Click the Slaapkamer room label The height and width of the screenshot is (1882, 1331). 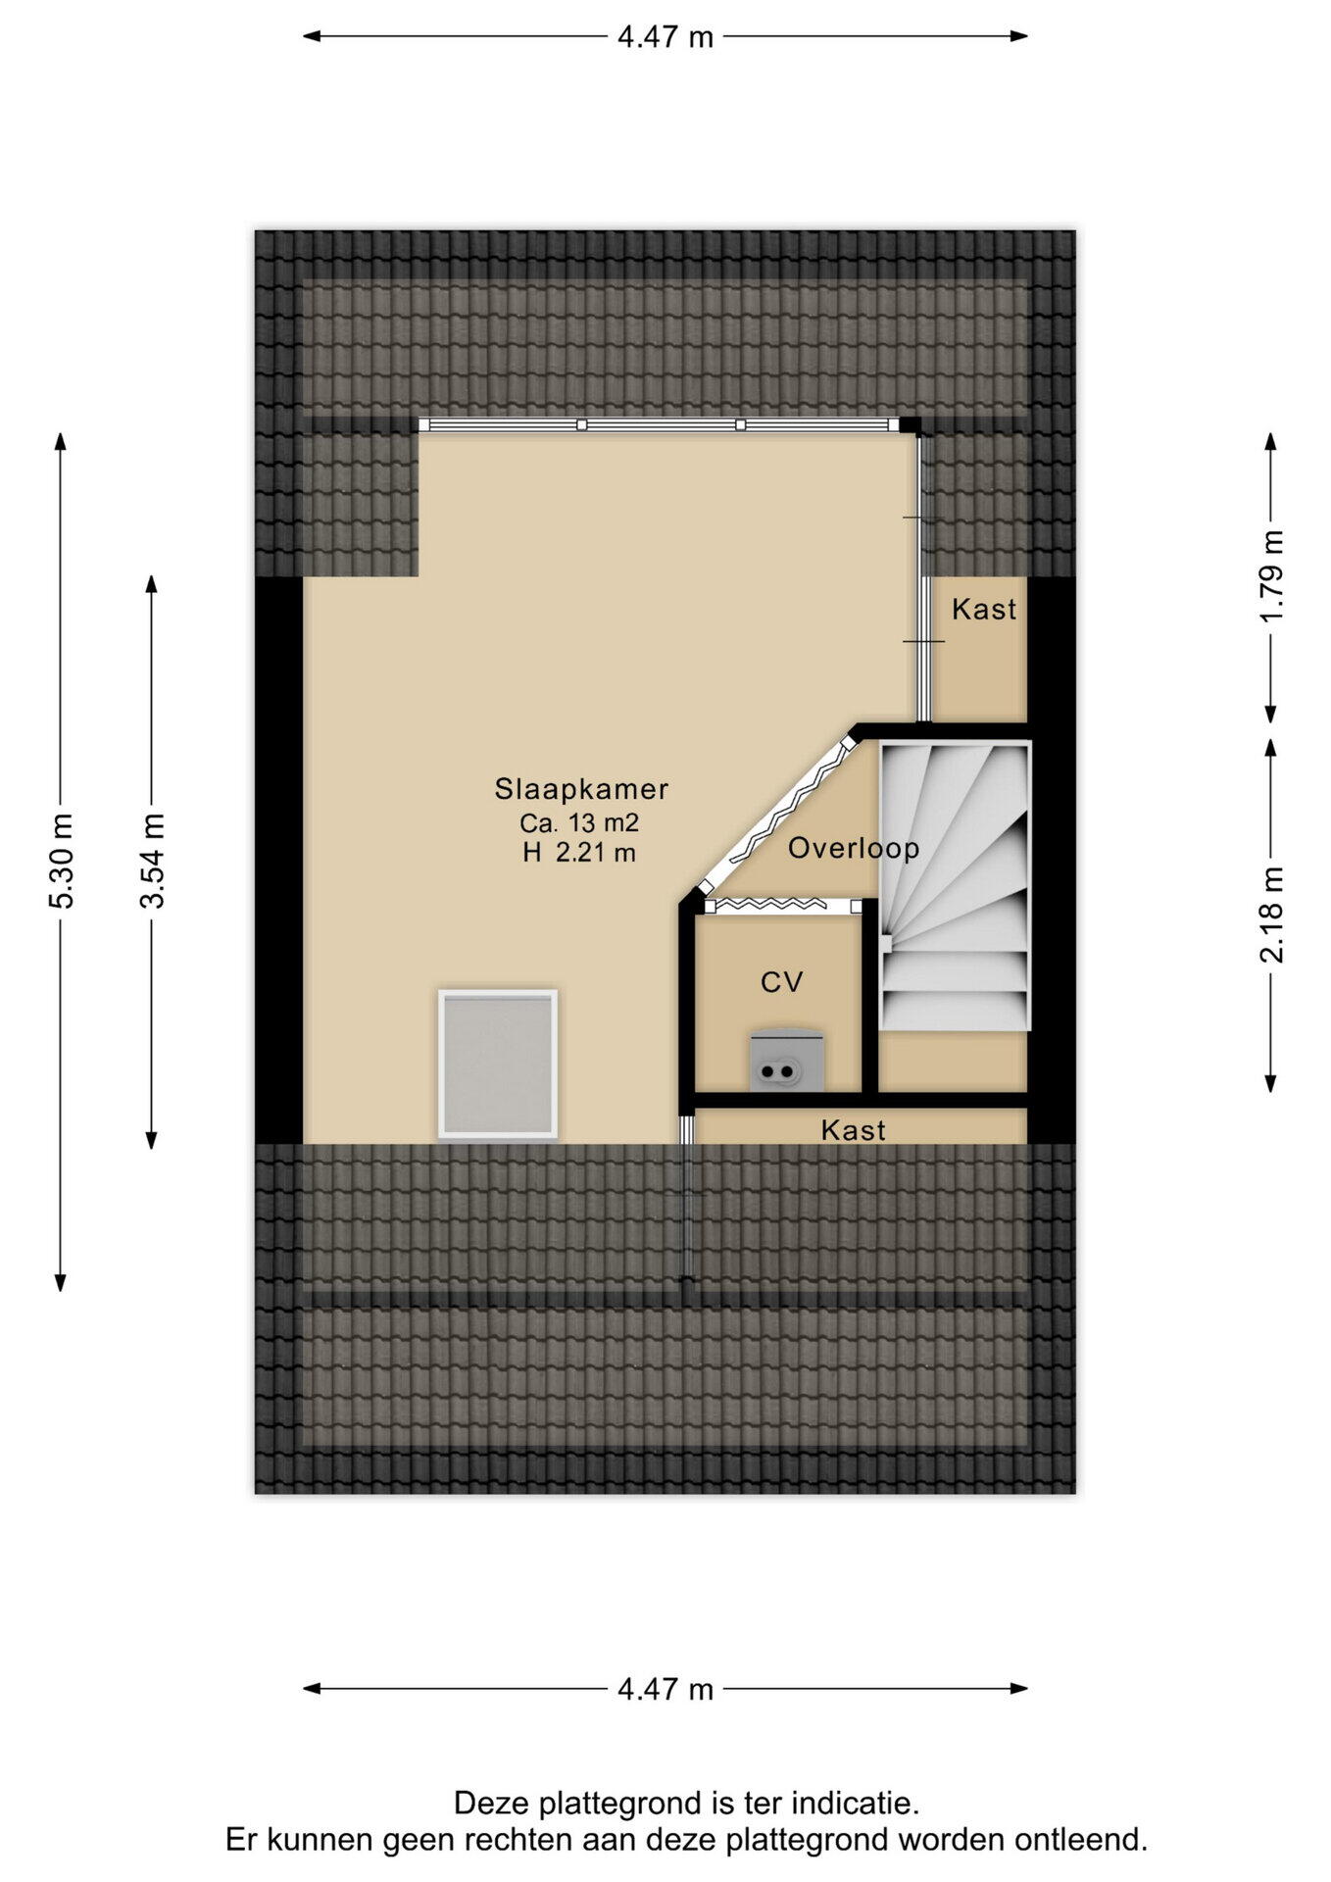581,789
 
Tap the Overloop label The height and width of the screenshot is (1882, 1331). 854,849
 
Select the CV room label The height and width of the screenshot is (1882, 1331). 782,982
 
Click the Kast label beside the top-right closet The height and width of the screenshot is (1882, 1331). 984,610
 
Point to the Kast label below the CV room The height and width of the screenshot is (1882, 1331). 854,1130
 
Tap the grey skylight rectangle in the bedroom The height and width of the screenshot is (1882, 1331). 498,1065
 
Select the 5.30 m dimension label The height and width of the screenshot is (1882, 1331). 62,862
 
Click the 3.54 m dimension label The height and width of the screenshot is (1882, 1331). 152,862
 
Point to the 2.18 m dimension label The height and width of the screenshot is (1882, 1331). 1271,915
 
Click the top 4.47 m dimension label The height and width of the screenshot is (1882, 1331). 665,37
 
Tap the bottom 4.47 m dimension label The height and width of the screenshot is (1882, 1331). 665,1689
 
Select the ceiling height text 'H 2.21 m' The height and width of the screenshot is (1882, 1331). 579,854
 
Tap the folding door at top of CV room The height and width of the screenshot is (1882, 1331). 782,906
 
